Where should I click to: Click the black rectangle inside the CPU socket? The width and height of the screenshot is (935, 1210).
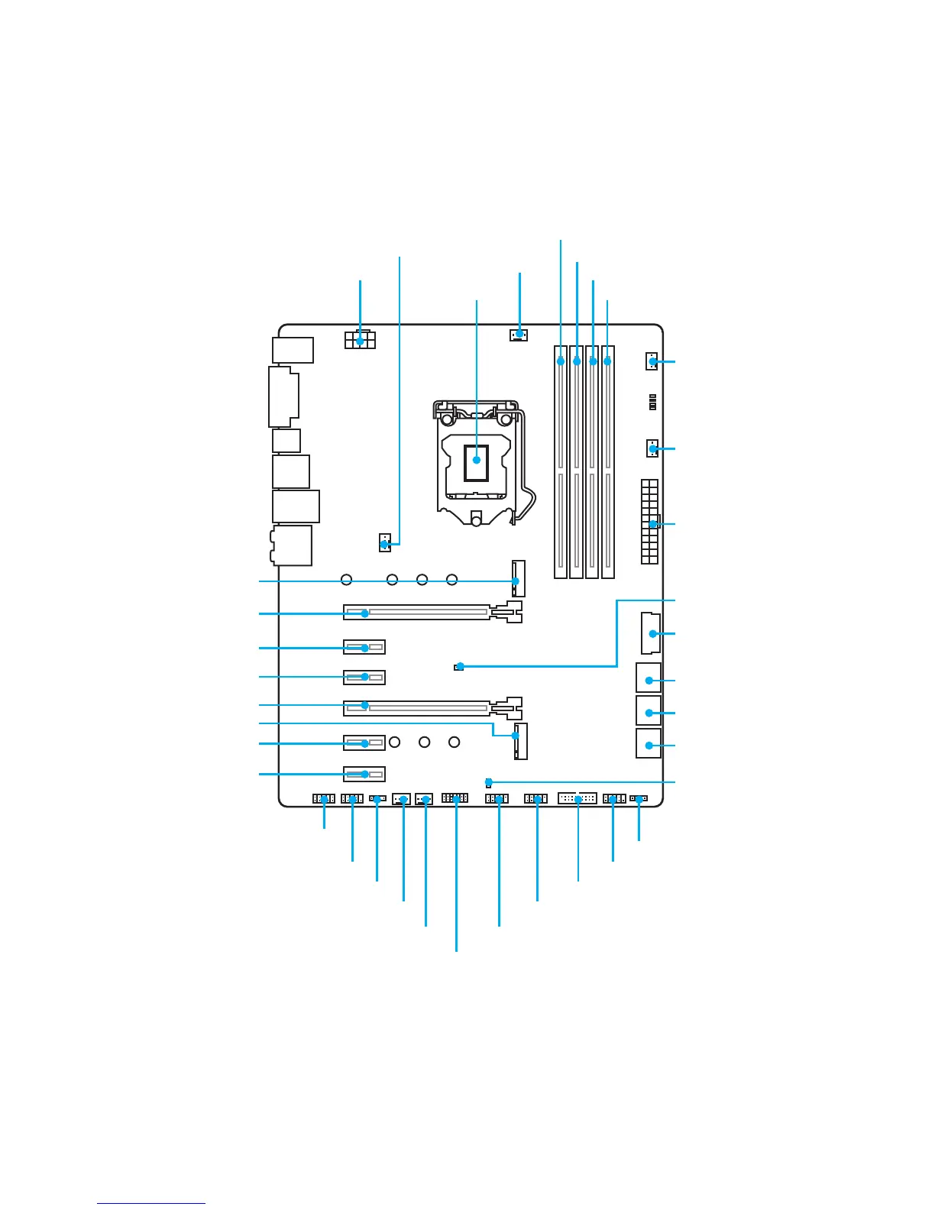pos(476,461)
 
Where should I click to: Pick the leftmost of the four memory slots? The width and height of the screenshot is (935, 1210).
pos(561,461)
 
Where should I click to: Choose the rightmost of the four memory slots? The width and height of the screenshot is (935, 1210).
pos(608,461)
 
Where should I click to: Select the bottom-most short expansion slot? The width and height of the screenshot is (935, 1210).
pos(364,774)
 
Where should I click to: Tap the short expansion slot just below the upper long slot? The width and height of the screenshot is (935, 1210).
pos(364,648)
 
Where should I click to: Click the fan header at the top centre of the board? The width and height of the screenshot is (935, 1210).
pos(519,335)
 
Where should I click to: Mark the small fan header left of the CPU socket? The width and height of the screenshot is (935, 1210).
pos(384,543)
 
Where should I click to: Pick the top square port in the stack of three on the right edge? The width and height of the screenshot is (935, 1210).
pos(649,678)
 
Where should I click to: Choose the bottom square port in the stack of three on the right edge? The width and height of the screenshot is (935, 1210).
pos(649,743)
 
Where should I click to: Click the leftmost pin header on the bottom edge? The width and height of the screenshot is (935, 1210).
pos(324,799)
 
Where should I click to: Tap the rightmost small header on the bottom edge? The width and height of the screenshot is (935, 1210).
pos(639,799)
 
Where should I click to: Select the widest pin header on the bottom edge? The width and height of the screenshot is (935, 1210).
pos(577,799)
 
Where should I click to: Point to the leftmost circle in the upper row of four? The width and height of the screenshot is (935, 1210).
pos(347,580)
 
